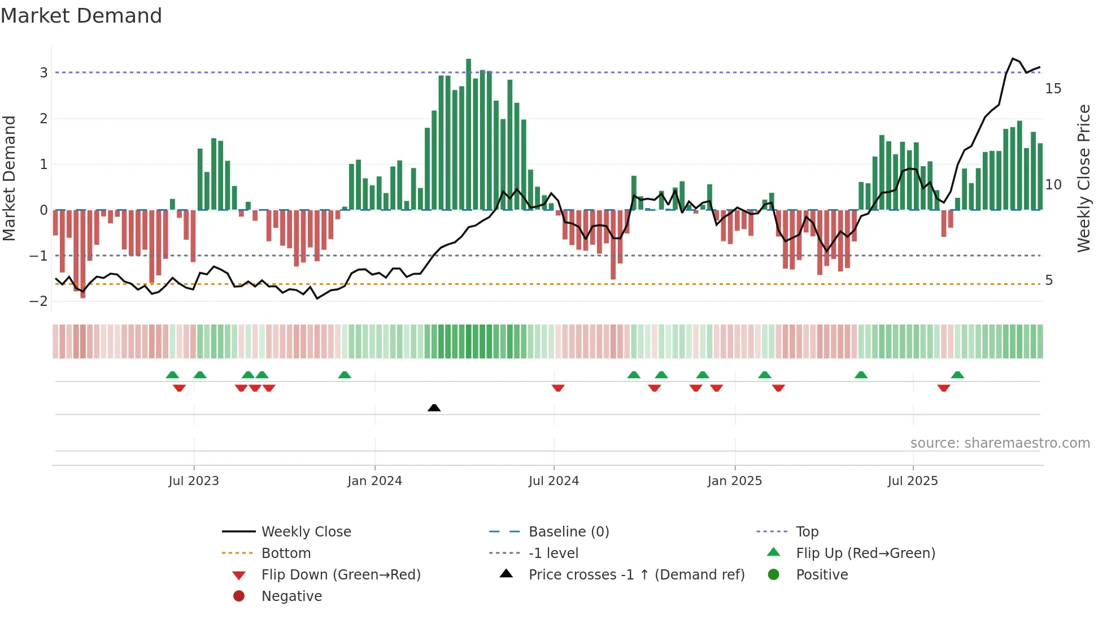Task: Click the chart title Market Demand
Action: (81, 15)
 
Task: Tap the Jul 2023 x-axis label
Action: (194, 481)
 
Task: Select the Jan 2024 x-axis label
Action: (374, 481)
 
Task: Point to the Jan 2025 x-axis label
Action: (734, 481)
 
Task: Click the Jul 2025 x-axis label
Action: (912, 481)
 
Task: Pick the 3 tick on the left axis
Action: (43, 72)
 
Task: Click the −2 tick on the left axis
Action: (38, 301)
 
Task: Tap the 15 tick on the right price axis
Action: (1053, 89)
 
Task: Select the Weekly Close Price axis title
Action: (1083, 178)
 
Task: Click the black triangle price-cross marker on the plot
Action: (434, 408)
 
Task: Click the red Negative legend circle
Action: (239, 596)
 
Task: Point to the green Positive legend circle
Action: (774, 574)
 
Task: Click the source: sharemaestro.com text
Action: (1000, 443)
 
